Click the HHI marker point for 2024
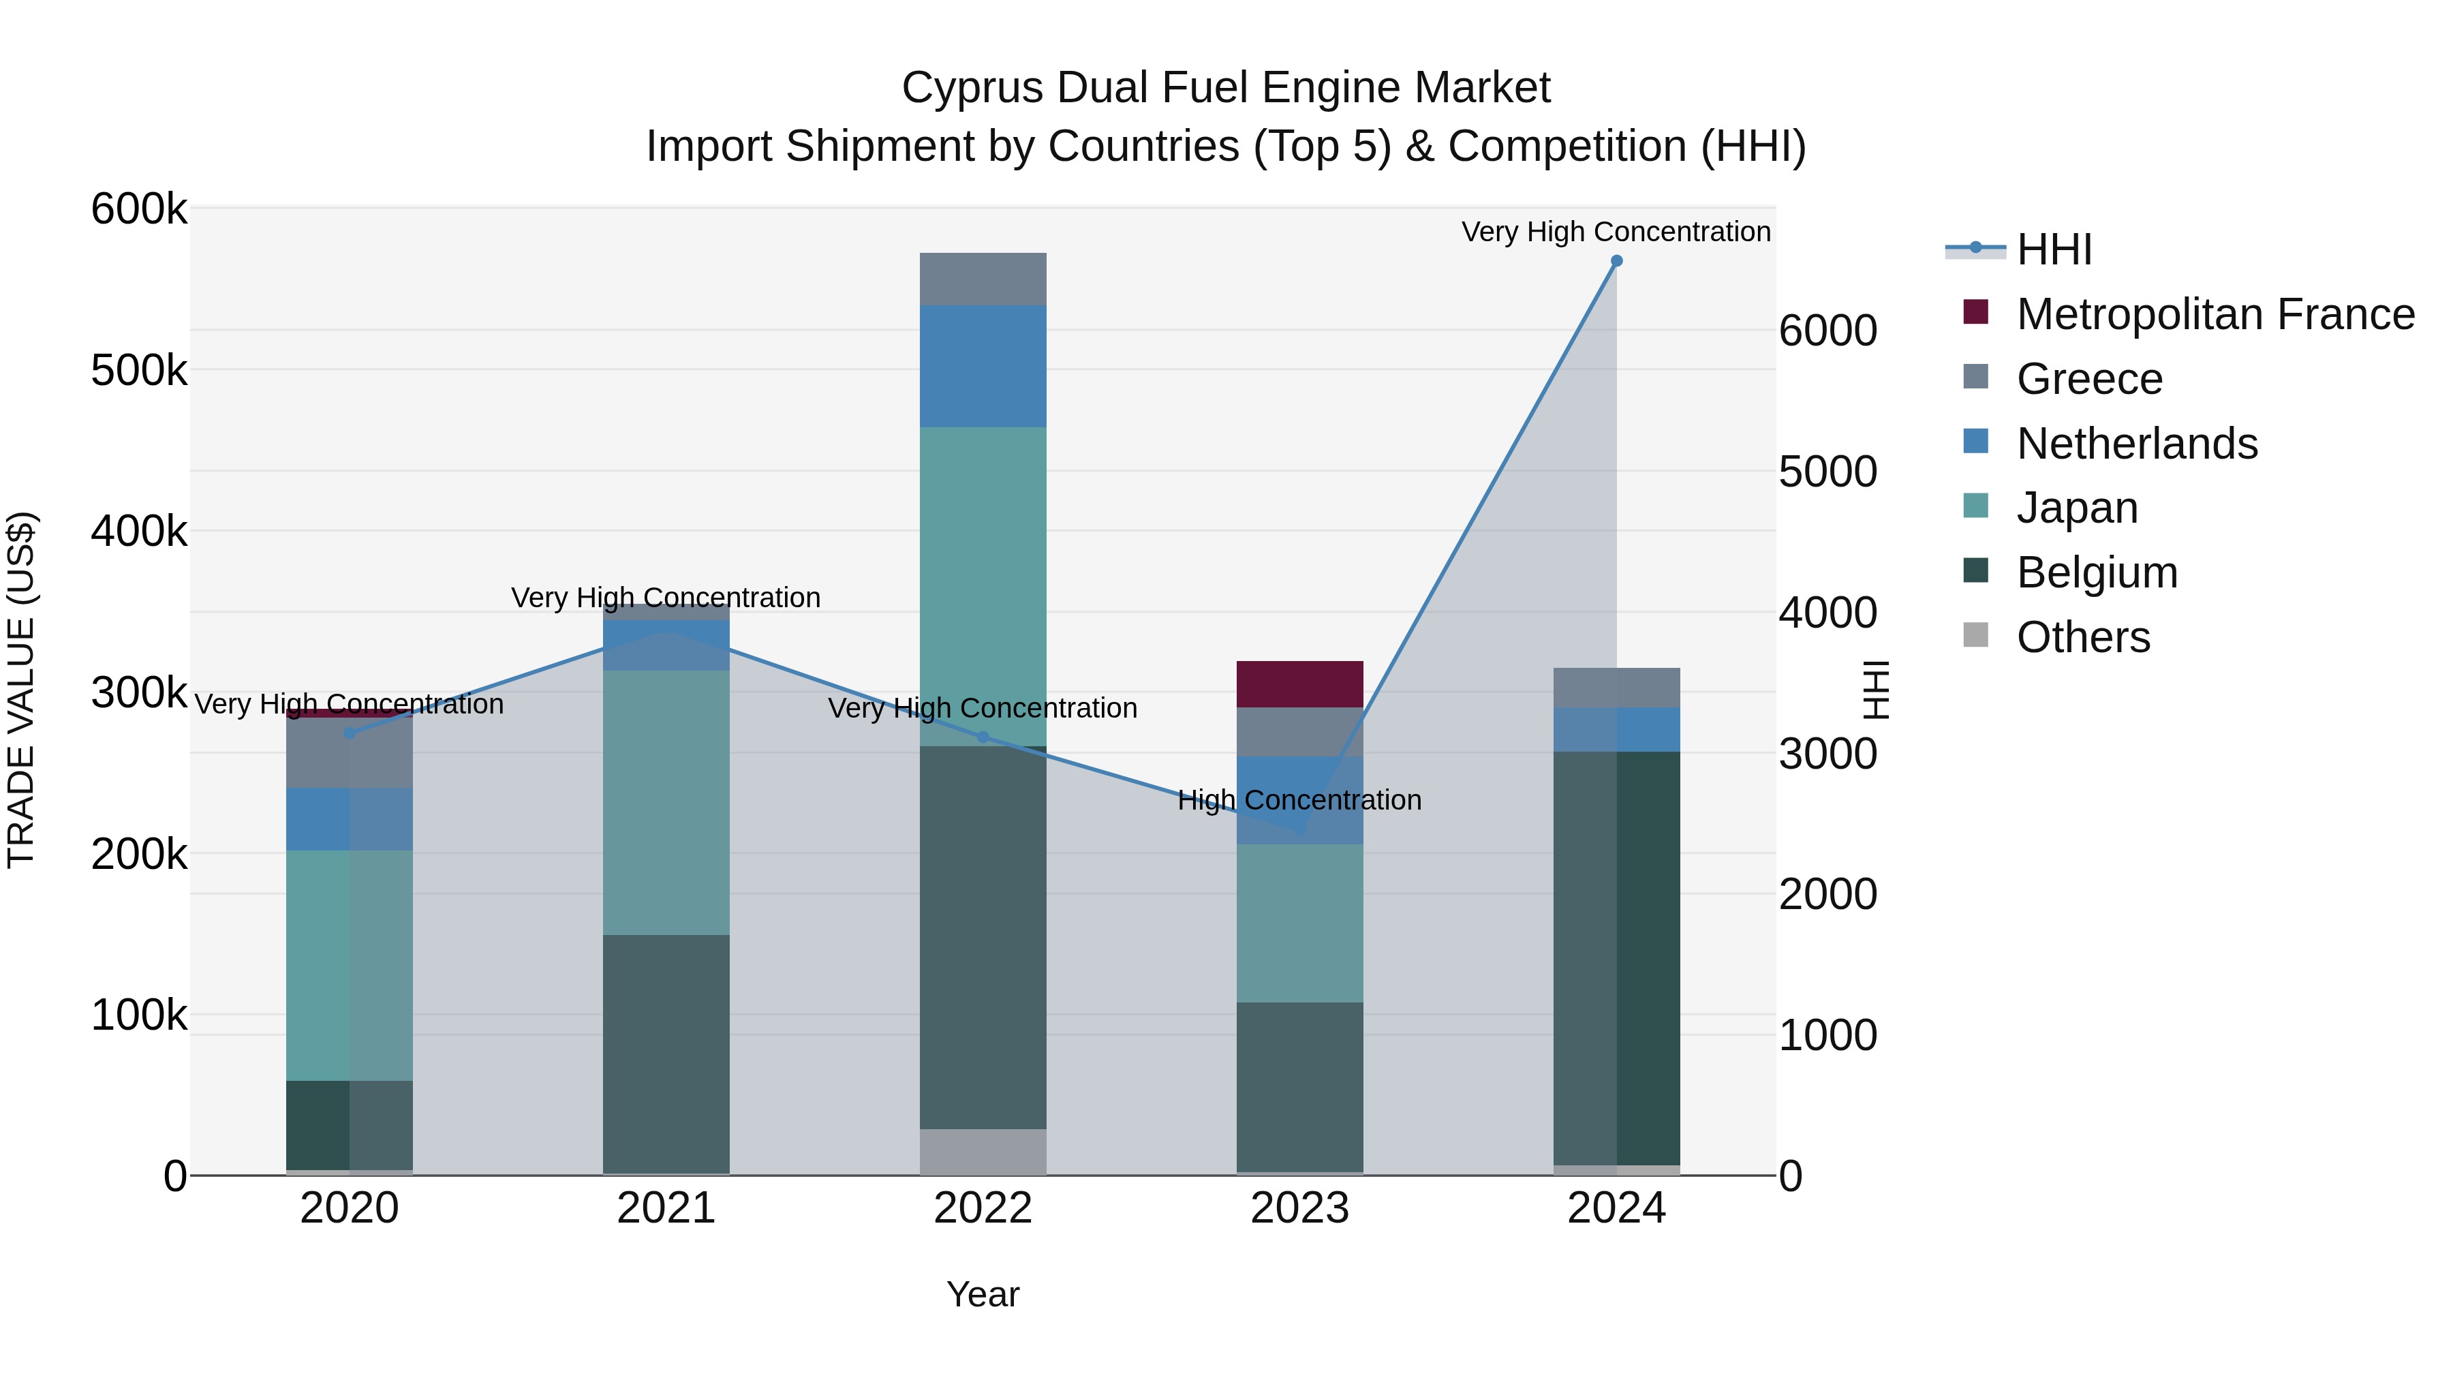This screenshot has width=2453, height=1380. pos(1616,261)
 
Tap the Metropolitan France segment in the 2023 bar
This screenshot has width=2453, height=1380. pos(1300,684)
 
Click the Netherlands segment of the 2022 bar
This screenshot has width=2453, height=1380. pos(983,366)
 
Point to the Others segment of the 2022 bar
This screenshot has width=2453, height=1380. pos(983,1152)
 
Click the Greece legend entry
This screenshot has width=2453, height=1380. pos(2089,379)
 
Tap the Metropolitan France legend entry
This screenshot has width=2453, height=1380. pos(2215,314)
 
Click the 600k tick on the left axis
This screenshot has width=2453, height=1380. pos(139,209)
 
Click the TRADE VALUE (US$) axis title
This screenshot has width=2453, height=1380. pos(21,690)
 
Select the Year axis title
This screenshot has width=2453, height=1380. pos(983,1294)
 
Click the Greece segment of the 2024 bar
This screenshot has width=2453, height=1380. pos(1616,688)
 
